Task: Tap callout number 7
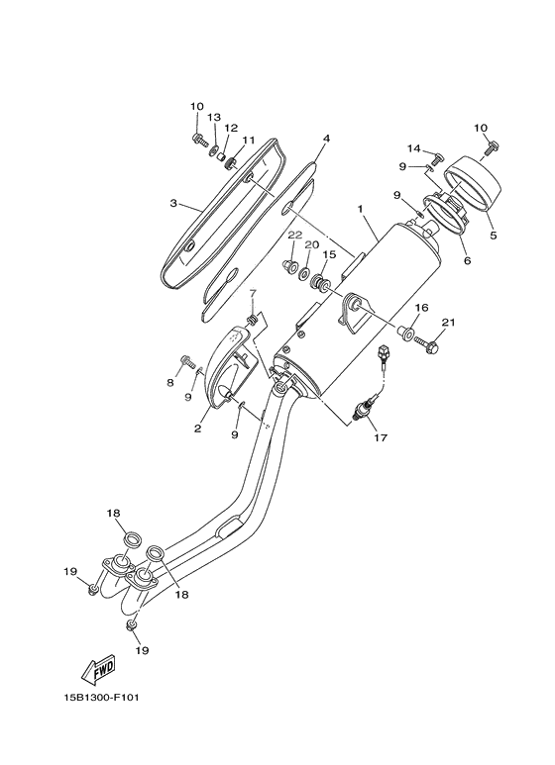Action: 169,382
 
